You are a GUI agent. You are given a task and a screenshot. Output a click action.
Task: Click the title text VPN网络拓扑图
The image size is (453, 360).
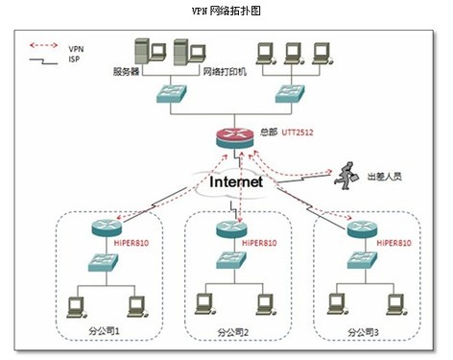pyautogui.click(x=226, y=11)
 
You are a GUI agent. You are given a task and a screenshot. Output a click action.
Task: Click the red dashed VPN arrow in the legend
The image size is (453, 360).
pyautogui.click(x=43, y=45)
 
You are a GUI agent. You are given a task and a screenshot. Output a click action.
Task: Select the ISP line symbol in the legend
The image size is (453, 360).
pyautogui.click(x=43, y=61)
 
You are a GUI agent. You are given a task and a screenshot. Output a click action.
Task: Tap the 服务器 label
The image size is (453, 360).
pyautogui.click(x=126, y=71)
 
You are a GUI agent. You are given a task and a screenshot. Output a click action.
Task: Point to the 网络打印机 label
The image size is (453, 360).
pyautogui.click(x=225, y=71)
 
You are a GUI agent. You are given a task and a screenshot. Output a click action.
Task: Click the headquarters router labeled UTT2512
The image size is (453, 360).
pyautogui.click(x=234, y=138)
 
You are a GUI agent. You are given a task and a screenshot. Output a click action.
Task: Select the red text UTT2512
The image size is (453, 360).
pyautogui.click(x=298, y=132)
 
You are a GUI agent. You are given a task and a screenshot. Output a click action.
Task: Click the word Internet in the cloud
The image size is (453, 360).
pyautogui.click(x=236, y=181)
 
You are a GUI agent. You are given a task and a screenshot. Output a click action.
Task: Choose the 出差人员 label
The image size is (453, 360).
pyautogui.click(x=384, y=177)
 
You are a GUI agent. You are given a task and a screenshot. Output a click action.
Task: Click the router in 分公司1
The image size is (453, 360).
pyautogui.click(x=107, y=228)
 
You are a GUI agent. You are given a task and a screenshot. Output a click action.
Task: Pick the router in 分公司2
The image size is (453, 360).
pyautogui.click(x=231, y=228)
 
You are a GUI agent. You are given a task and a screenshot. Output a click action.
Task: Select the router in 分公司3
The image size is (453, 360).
pyautogui.click(x=363, y=228)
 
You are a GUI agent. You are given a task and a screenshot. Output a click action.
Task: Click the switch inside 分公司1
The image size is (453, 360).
pyautogui.click(x=103, y=262)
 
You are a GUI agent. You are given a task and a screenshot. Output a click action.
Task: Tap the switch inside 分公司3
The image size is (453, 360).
pyautogui.click(x=362, y=260)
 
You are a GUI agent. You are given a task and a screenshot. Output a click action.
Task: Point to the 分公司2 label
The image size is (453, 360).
pyautogui.click(x=233, y=332)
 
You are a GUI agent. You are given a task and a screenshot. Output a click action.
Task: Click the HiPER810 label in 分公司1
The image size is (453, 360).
pyautogui.click(x=131, y=243)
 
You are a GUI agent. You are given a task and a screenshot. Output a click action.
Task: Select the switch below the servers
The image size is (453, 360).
pyautogui.click(x=172, y=94)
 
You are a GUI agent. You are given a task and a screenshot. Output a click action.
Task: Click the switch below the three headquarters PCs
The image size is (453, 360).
pyautogui.click(x=290, y=94)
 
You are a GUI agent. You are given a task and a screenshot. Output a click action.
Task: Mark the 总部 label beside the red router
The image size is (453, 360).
pyautogui.click(x=269, y=132)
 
